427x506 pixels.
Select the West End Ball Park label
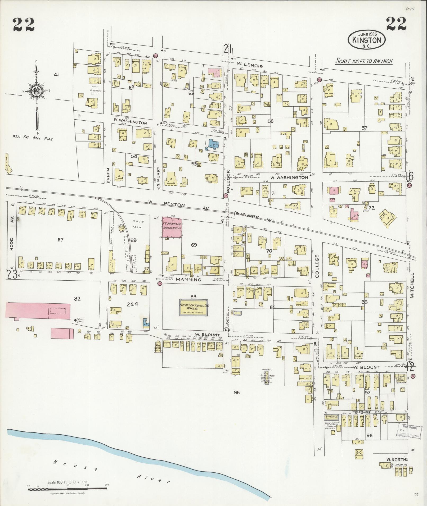[32, 137]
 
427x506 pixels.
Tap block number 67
[61, 240]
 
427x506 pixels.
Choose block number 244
[132, 304]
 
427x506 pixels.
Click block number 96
[237, 393]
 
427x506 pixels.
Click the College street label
[317, 266]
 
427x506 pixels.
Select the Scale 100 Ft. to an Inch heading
[364, 61]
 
